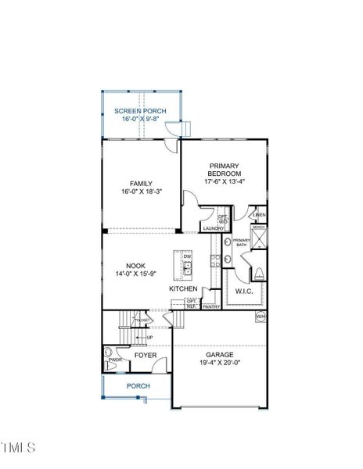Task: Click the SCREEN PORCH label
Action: [140, 112]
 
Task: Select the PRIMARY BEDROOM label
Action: [224, 170]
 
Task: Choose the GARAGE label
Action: [221, 354]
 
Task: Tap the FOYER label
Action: [145, 356]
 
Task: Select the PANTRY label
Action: [210, 307]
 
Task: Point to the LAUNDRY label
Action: [213, 228]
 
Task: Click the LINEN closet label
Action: [259, 214]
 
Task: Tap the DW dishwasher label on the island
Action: [187, 256]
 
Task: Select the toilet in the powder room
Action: [111, 365]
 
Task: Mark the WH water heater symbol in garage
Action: [261, 317]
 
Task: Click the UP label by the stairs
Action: [149, 338]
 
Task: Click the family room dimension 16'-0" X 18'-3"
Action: [141, 192]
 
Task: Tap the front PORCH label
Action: [138, 386]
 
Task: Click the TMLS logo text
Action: [19, 447]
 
